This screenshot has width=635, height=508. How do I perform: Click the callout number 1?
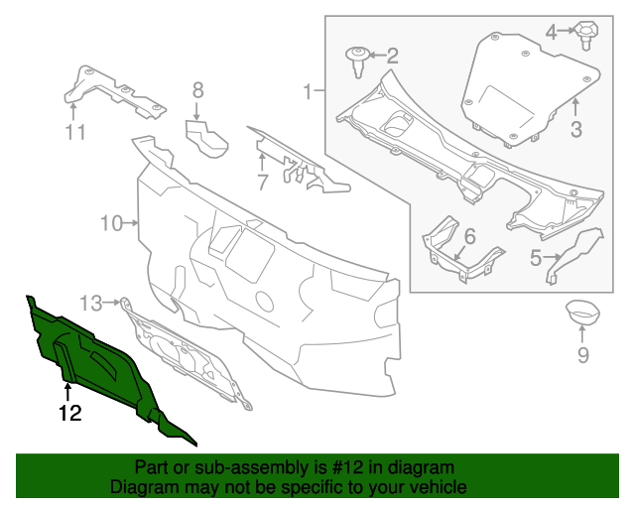pyautogui.click(x=308, y=92)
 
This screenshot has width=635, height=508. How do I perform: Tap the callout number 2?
pyautogui.click(x=391, y=56)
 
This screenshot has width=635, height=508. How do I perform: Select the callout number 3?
pyautogui.click(x=575, y=128)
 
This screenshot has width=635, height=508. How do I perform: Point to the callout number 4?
pyautogui.click(x=551, y=33)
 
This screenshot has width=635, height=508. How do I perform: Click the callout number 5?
pyautogui.click(x=535, y=260)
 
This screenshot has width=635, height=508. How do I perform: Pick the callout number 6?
pyautogui.click(x=469, y=236)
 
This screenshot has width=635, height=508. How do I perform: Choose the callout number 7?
pyautogui.click(x=262, y=183)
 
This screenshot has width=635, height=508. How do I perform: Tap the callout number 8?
pyautogui.click(x=197, y=90)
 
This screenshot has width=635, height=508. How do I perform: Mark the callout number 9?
pyautogui.click(x=582, y=355)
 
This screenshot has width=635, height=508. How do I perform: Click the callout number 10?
pyautogui.click(x=111, y=223)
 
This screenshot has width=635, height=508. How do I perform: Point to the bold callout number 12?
pyautogui.click(x=68, y=414)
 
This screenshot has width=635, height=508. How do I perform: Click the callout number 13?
pyautogui.click(x=91, y=302)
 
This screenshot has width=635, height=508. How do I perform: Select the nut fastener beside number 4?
pyautogui.click(x=586, y=36)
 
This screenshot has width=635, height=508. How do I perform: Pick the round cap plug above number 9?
pyautogui.click(x=582, y=314)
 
